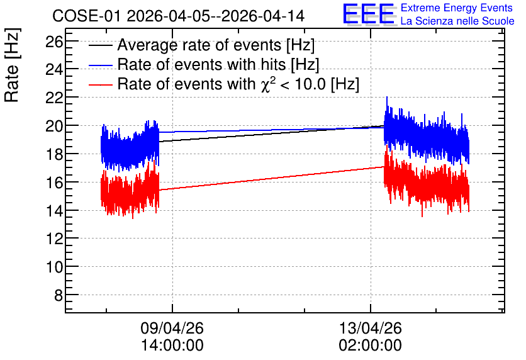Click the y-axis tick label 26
(x=54, y=42)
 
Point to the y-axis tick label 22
(x=54, y=98)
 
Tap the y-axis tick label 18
(x=54, y=154)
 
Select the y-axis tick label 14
(x=54, y=211)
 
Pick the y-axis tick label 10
(x=54, y=267)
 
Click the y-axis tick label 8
(x=59, y=296)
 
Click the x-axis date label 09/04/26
(x=172, y=328)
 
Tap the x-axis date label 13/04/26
(x=371, y=328)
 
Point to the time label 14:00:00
(x=172, y=346)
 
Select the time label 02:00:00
(x=371, y=346)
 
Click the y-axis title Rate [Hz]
(x=12, y=65)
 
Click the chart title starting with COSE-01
(x=179, y=16)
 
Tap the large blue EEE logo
(x=369, y=14)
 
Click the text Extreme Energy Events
(x=457, y=8)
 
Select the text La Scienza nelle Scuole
(x=457, y=21)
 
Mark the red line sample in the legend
(x=100, y=84)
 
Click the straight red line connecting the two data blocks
(x=271, y=179)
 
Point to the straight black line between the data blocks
(x=271, y=134)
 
